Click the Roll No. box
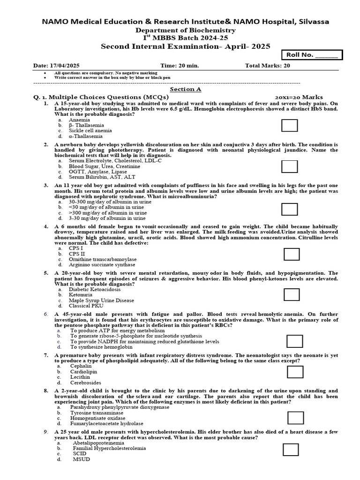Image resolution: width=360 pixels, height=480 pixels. tap(312, 55)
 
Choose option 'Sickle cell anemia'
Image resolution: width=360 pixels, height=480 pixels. tap(90, 131)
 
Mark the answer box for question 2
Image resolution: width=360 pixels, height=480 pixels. tap(290, 166)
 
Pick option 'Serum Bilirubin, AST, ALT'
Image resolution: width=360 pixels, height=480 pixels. tap(102, 177)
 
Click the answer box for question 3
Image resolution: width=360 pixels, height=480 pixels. tap(290, 209)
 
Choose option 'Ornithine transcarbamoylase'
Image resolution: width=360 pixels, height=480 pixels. tap(103, 259)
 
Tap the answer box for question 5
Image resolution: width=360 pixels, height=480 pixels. tap(292, 294)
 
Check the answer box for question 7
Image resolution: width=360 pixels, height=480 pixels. tap(295, 372)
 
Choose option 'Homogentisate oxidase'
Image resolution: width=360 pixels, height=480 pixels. tap(97, 418)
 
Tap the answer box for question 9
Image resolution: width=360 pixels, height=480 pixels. tap(291, 450)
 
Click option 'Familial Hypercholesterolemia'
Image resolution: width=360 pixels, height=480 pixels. tap(109, 448)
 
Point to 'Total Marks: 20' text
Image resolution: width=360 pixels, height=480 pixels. tap(267, 66)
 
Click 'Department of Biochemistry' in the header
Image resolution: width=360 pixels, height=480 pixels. tap(186, 30)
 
